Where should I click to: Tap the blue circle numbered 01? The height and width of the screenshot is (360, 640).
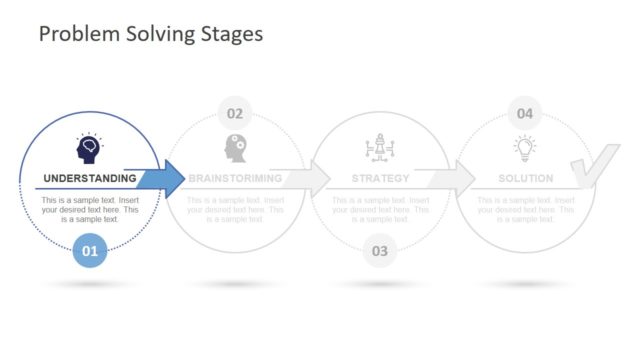coord(90,251)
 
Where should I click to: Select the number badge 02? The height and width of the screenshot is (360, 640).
coord(235,113)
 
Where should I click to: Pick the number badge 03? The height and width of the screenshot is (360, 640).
coord(380,251)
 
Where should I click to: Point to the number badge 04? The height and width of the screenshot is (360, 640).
coord(525,113)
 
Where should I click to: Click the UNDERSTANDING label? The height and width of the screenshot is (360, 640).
coord(89,179)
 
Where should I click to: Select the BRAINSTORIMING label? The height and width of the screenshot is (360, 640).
coord(235,179)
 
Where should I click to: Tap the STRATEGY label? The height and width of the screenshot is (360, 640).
coord(380,179)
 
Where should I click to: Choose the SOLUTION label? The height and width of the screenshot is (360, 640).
coord(525,179)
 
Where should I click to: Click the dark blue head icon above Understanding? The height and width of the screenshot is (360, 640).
coord(90,148)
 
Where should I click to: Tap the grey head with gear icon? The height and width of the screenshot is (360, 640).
coord(236,148)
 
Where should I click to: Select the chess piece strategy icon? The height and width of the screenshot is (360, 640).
coord(380,148)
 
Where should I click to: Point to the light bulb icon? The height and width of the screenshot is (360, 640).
coord(525,148)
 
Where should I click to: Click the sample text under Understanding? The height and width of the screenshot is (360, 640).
coord(90,210)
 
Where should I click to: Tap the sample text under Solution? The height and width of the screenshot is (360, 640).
coord(525,210)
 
